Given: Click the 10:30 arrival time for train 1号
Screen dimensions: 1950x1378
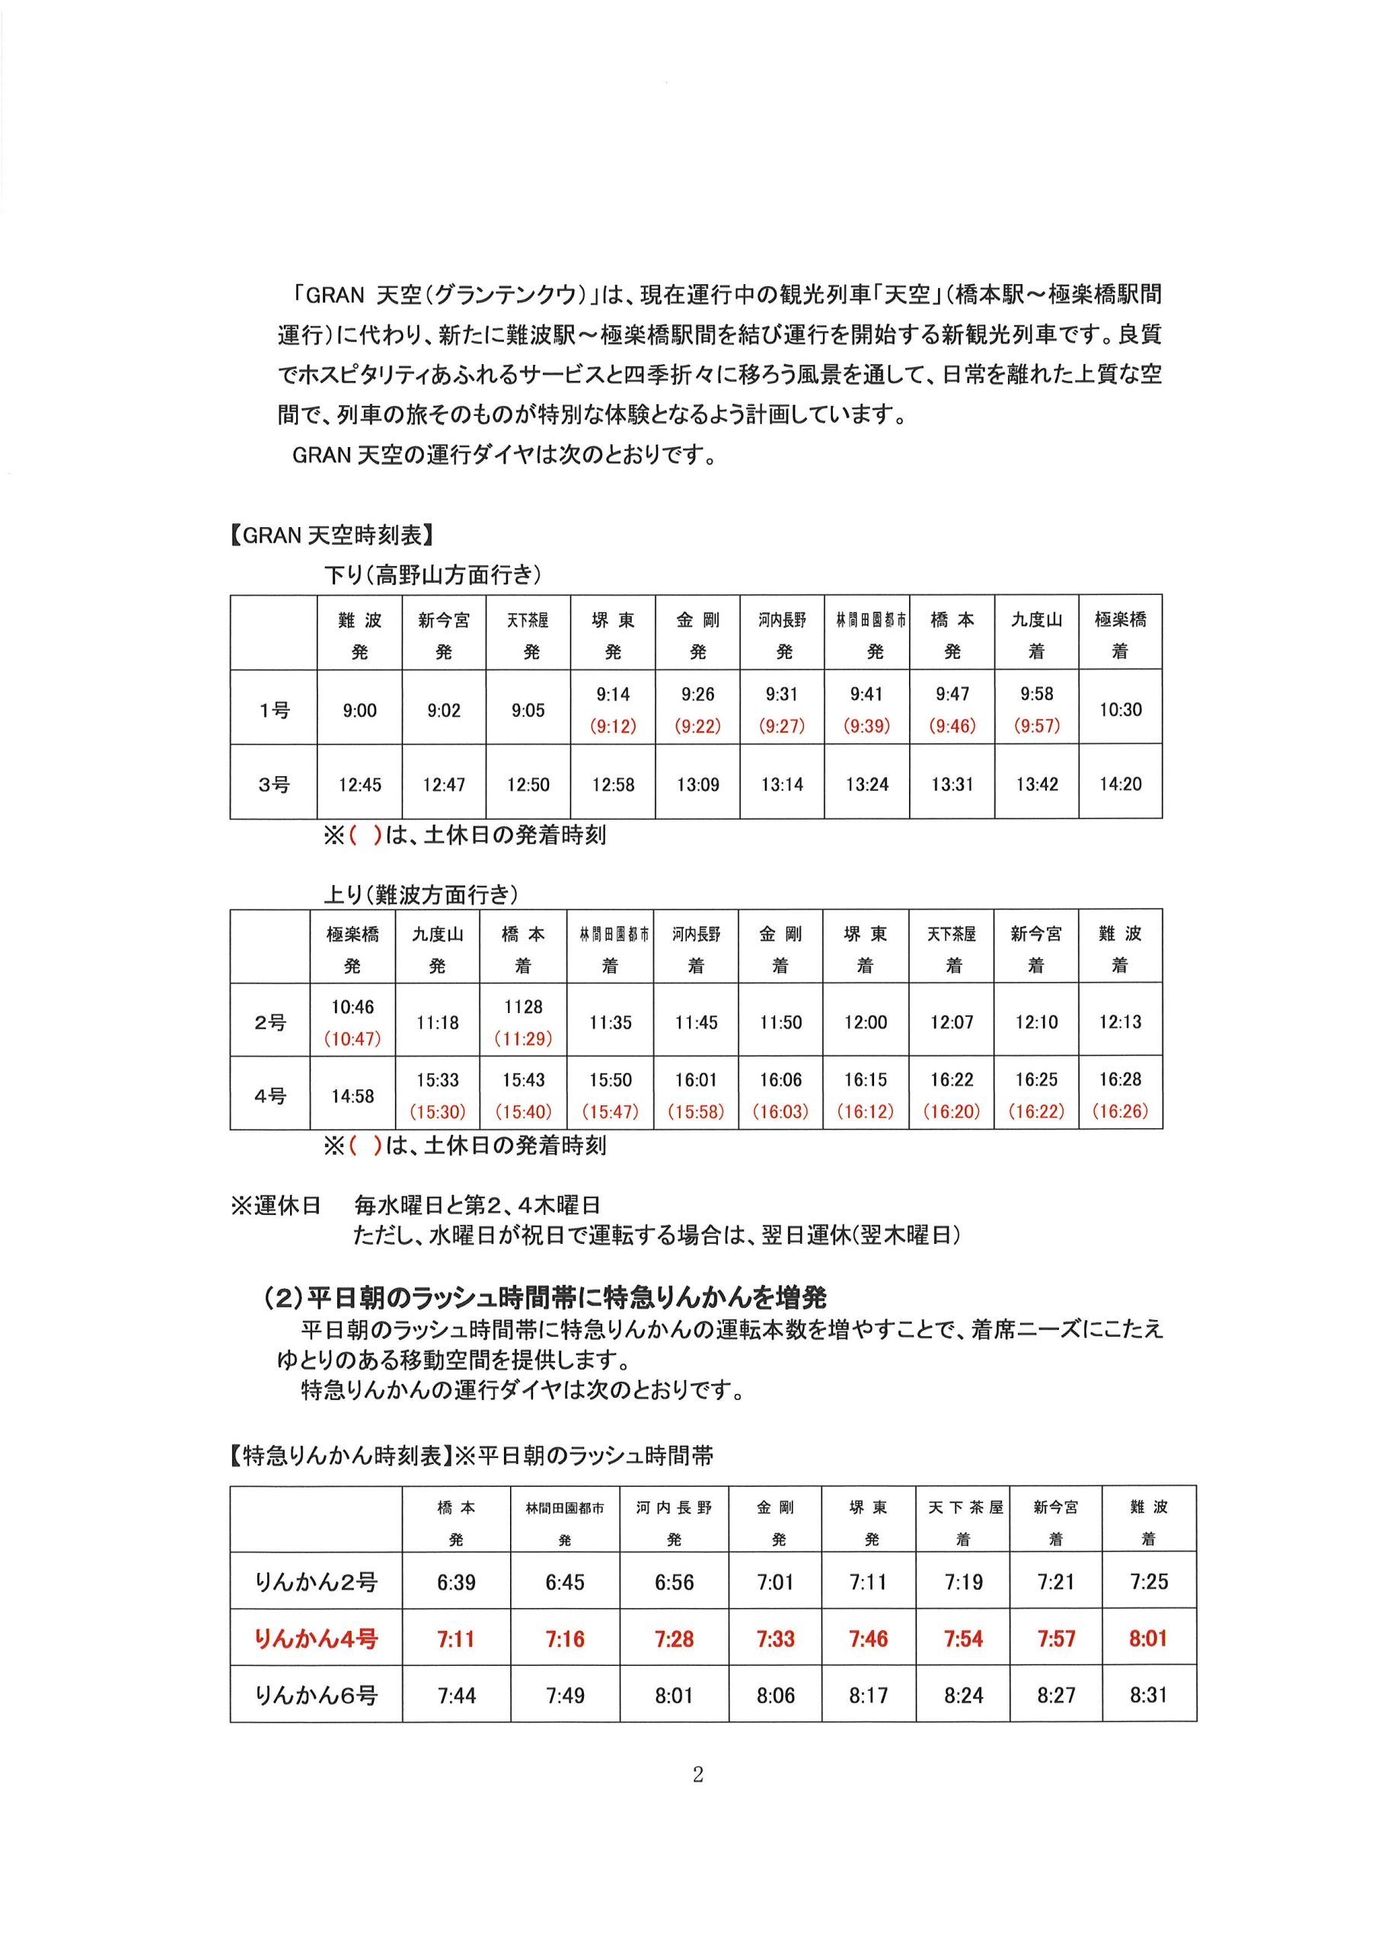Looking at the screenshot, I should pyautogui.click(x=1120, y=710).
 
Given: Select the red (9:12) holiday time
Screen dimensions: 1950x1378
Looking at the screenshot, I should pyautogui.click(x=612, y=726).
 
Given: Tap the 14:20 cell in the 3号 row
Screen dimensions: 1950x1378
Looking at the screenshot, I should pyautogui.click(x=1120, y=784).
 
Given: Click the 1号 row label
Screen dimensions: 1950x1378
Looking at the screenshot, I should pyautogui.click(x=273, y=710).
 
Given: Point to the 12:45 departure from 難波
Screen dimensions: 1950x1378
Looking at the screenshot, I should pyautogui.click(x=359, y=785).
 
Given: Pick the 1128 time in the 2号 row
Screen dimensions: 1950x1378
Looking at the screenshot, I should pyautogui.click(x=522, y=1006).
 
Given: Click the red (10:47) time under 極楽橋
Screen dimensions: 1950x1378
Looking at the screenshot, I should pyautogui.click(x=352, y=1039).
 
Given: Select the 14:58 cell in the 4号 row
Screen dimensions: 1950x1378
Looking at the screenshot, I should pyautogui.click(x=352, y=1096).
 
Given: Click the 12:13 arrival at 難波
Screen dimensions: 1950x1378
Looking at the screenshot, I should pyautogui.click(x=1120, y=1021).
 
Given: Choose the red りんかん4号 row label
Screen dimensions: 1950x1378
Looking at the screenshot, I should pyautogui.click(x=316, y=1638).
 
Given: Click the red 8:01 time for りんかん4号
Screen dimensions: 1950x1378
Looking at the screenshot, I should pyautogui.click(x=1148, y=1638).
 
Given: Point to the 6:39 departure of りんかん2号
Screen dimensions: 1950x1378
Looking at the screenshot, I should pyautogui.click(x=456, y=1581).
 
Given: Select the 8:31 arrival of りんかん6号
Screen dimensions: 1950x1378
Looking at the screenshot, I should pyautogui.click(x=1148, y=1696).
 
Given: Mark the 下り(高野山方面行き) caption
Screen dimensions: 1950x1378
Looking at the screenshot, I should pyautogui.click(x=433, y=575).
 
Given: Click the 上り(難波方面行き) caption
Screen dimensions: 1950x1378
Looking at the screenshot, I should pyautogui.click(x=421, y=893).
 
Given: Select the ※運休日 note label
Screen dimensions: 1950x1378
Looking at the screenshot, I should pyautogui.click(x=276, y=1205).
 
